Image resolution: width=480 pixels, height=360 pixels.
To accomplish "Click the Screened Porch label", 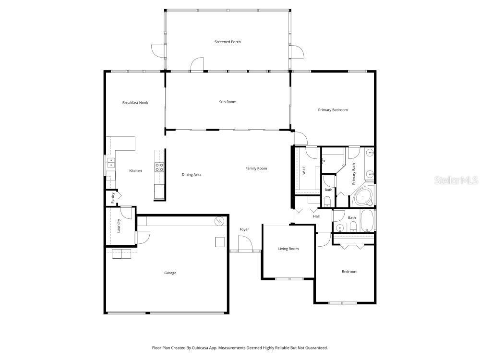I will [228, 42].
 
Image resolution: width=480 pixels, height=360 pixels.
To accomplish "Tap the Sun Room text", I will [228, 102].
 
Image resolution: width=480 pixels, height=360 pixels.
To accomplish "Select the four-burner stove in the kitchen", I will [159, 167].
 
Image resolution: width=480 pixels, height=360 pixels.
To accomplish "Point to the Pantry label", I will [113, 198].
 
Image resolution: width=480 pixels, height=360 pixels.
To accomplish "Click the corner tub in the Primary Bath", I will [363, 197].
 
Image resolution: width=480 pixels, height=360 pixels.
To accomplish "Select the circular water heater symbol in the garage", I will [219, 221].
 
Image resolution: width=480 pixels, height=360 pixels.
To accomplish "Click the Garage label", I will [170, 273].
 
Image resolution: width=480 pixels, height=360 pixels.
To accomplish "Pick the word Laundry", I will [119, 226].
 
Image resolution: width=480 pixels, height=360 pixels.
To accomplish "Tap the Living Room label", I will [288, 249].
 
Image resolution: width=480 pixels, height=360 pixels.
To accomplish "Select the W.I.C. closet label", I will [304, 170].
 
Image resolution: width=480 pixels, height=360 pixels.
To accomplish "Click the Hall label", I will [316, 216].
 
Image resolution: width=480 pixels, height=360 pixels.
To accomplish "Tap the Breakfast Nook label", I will [135, 102].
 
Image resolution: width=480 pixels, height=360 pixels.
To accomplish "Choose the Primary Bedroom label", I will [333, 110].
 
